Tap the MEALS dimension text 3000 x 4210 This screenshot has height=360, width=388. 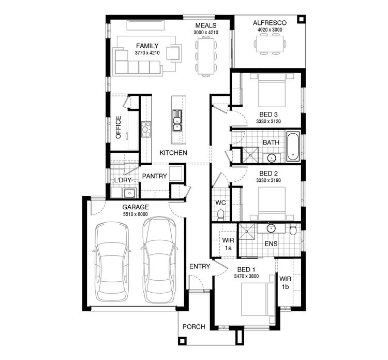205,33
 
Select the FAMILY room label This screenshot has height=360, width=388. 147,46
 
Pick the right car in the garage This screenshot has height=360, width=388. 159,260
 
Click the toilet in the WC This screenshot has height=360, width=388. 220,213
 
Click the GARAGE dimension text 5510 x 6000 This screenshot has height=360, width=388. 135,214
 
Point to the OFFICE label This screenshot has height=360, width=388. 118,127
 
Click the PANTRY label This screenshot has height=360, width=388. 155,176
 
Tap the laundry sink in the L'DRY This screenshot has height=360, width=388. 129,193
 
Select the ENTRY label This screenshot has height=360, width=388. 200,266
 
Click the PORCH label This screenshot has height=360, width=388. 195,327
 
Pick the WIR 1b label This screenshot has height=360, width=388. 285,282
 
